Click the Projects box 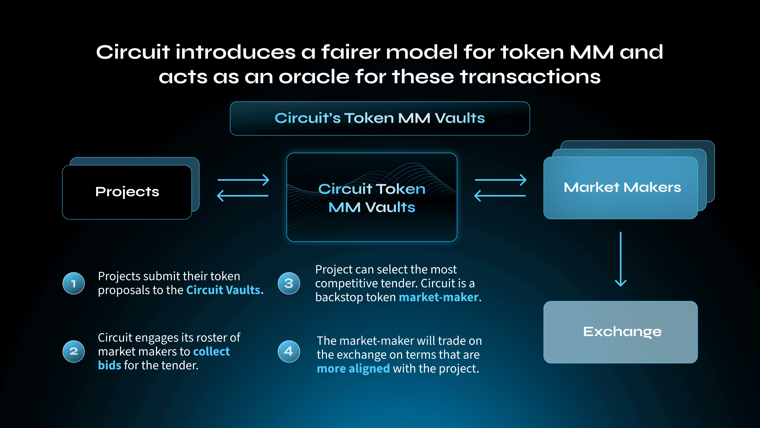point(127,192)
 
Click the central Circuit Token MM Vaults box point(372,197)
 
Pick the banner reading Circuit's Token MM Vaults point(380,118)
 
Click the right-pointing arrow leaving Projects point(243,180)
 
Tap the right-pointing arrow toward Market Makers point(501,180)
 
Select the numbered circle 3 point(289,283)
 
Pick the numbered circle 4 point(289,351)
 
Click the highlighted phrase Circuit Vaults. point(225,290)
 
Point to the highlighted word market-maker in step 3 point(439,297)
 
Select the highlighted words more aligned point(353,369)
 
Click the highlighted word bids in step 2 point(110,365)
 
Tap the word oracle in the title point(314,77)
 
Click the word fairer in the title point(350,52)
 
